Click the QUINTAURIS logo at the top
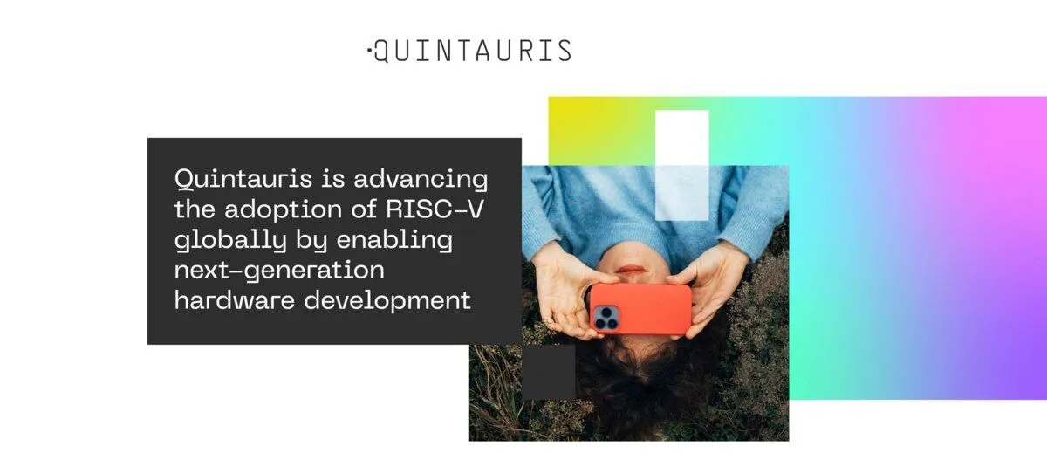[x=469, y=51]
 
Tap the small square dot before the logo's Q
[x=369, y=49]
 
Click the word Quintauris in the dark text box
[x=243, y=180]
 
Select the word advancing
[x=421, y=180]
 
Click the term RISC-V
[x=435, y=209]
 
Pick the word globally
[x=230, y=241]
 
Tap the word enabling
[x=394, y=241]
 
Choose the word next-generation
[x=279, y=271]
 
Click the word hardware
[x=235, y=299]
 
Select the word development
[x=387, y=300]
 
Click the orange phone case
[x=641, y=309]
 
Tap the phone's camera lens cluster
[x=606, y=318]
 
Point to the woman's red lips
[x=631, y=270]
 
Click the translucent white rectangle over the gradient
[x=682, y=165]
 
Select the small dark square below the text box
[x=549, y=372]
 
